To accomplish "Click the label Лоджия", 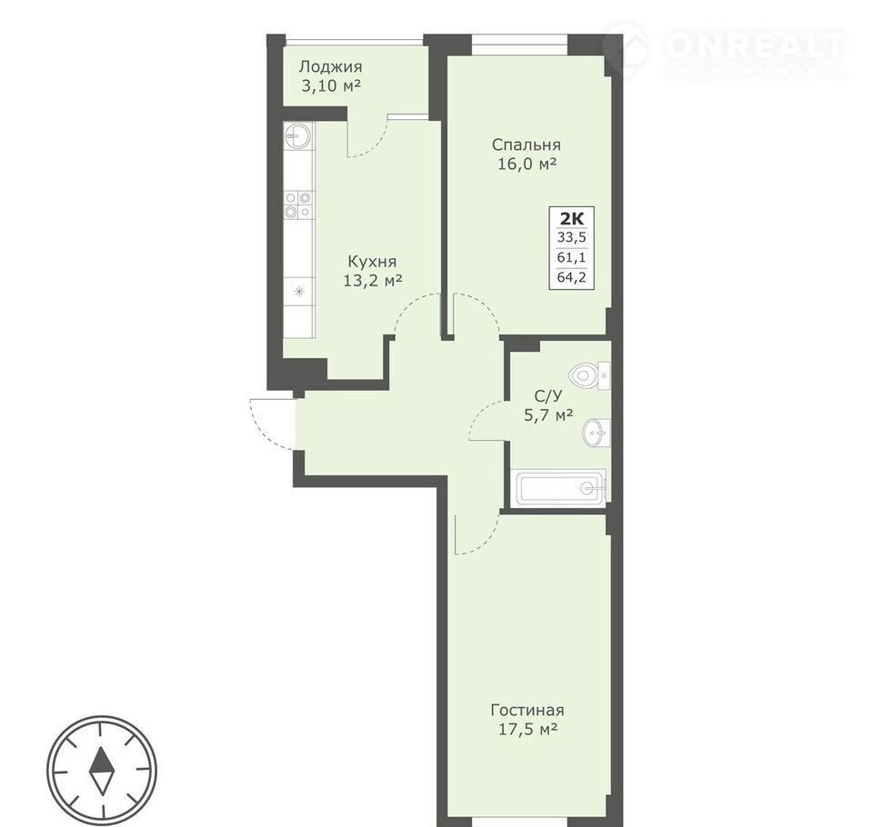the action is click(330, 67).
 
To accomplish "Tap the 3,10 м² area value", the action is click(330, 86).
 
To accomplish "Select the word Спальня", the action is click(527, 144).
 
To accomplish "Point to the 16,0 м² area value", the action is click(527, 164).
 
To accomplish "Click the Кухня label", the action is click(372, 262).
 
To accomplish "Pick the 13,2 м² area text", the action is click(373, 281).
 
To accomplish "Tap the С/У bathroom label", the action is click(548, 395).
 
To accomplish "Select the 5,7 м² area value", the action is click(548, 414).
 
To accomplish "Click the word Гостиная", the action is click(527, 710).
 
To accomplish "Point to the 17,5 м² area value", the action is click(527, 729).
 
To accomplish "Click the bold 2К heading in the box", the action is click(571, 217).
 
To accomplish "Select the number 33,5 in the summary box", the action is click(572, 237).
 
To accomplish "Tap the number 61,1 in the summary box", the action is click(572, 257).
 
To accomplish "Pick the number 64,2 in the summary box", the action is click(572, 276).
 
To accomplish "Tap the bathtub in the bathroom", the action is click(559, 489).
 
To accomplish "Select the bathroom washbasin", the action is click(597, 433).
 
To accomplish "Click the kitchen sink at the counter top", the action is click(298, 135).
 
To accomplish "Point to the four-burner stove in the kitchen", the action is click(298, 204).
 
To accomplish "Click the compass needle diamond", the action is click(102, 771).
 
